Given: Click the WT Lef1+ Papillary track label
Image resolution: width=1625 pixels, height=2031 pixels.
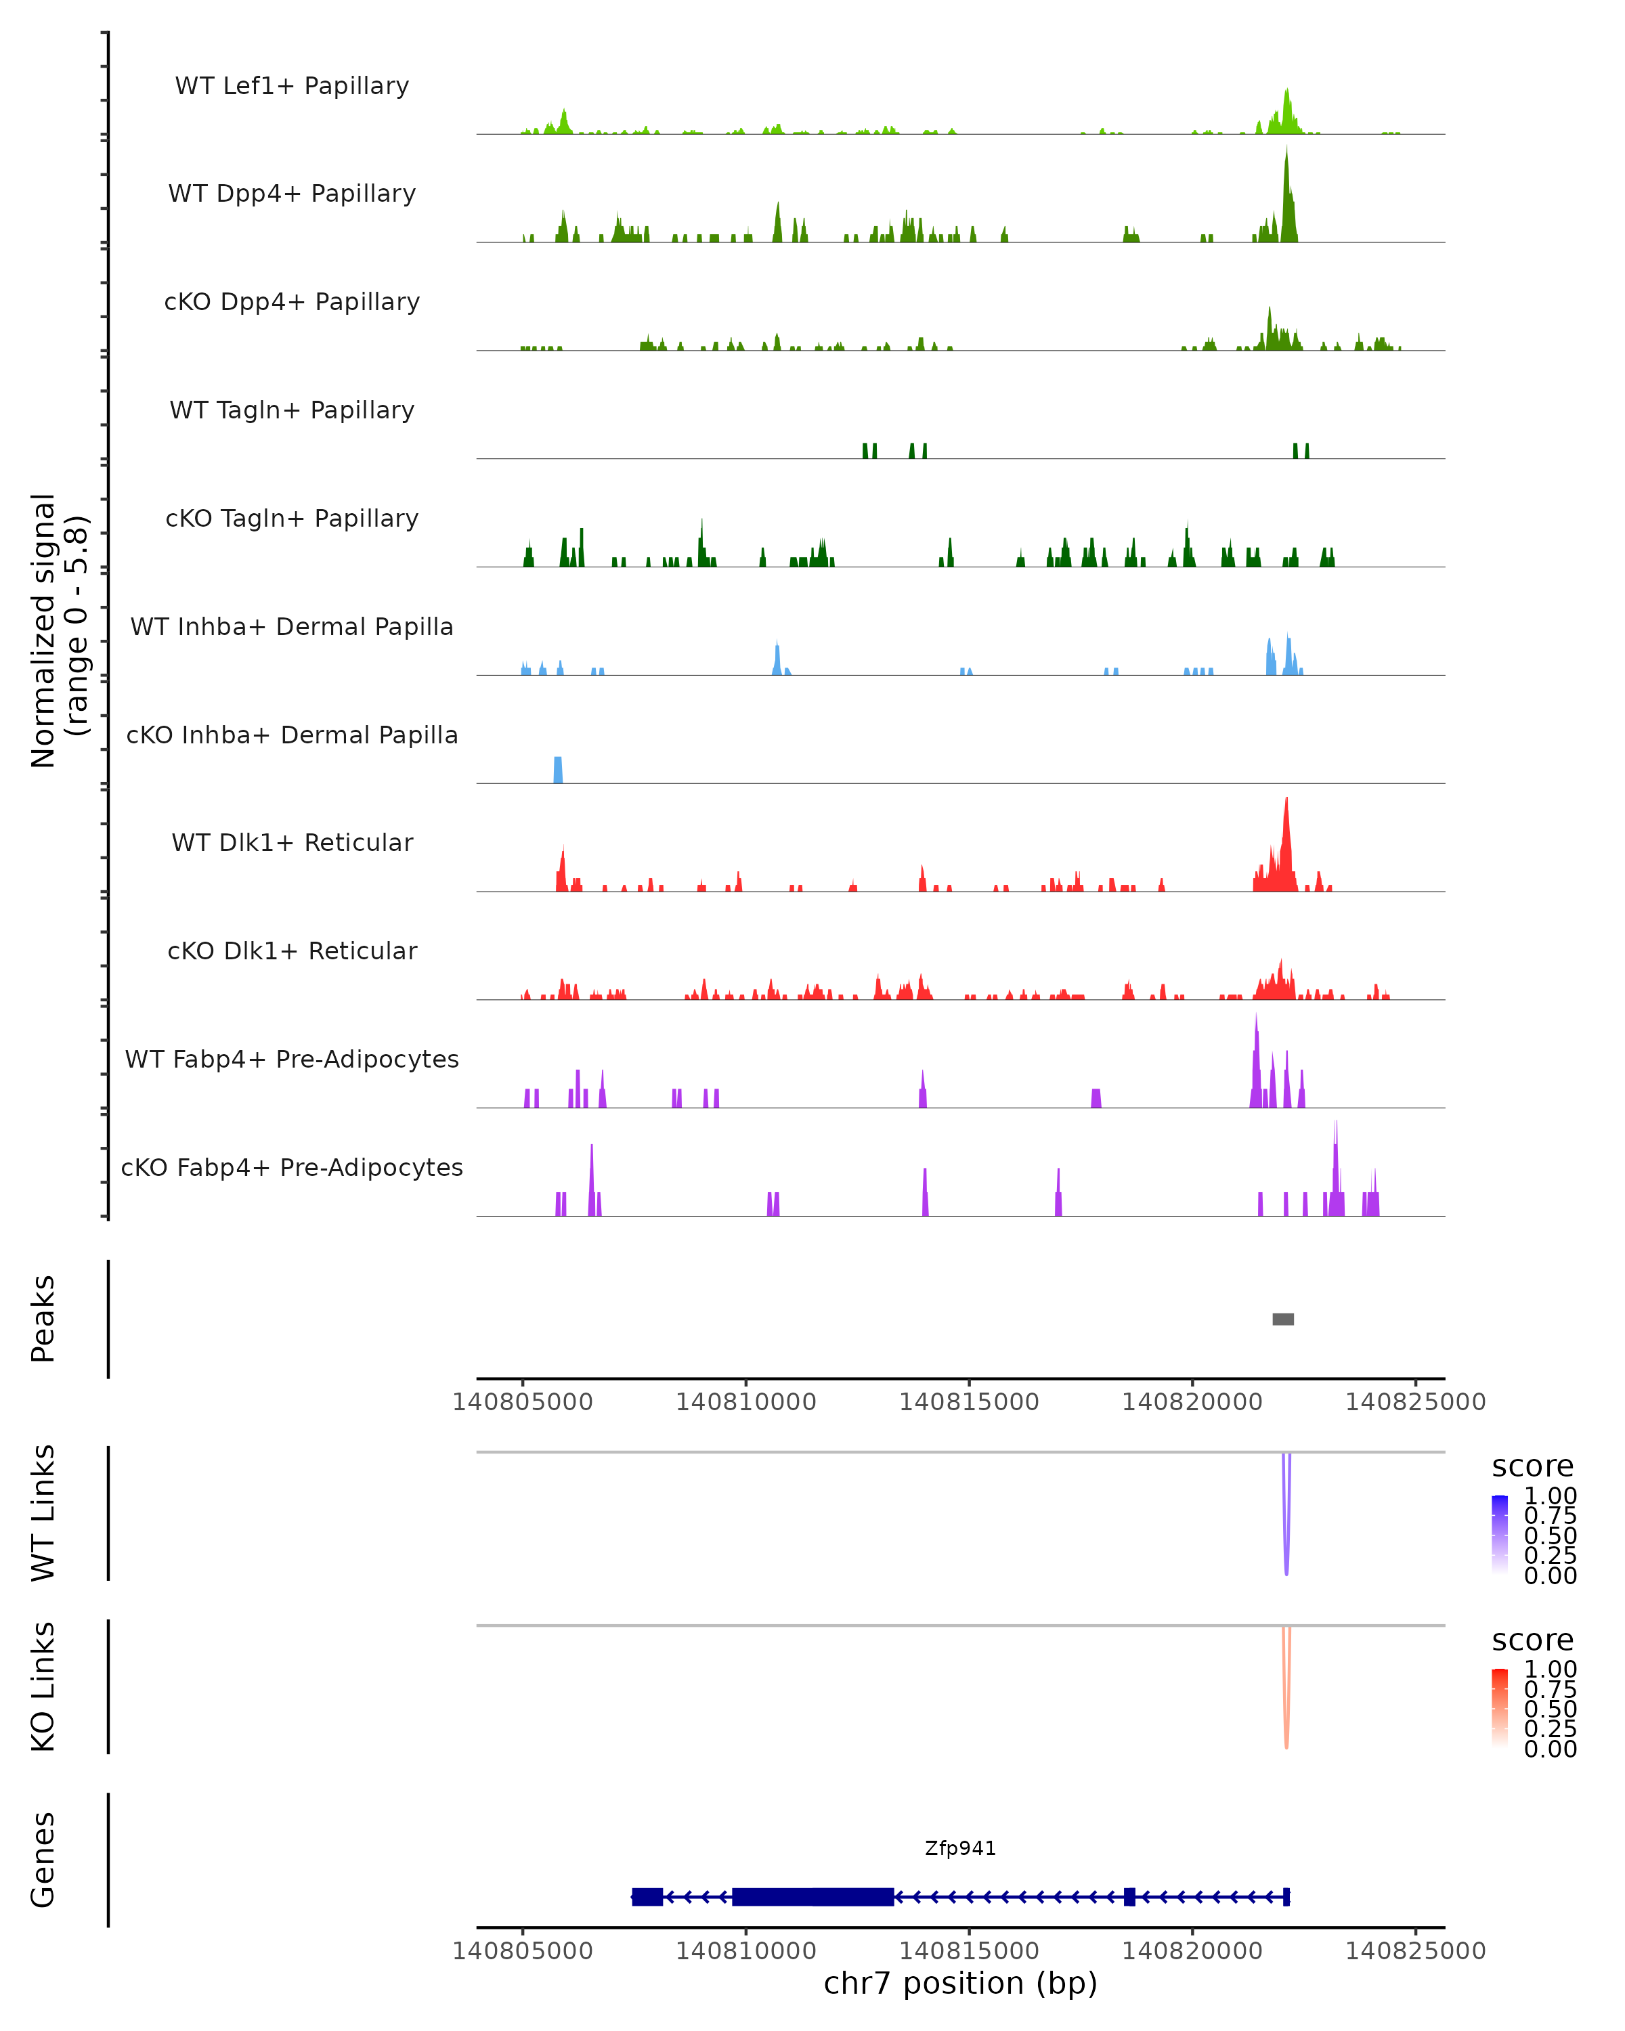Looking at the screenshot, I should (292, 86).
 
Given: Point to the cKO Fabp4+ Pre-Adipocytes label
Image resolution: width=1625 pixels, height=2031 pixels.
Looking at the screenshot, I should (292, 1167).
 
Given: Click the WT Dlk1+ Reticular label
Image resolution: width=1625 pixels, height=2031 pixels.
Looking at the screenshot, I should (292, 842).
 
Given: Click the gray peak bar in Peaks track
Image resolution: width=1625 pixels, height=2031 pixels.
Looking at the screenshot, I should (1283, 1319).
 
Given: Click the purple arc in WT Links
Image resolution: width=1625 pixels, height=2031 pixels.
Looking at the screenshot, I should (1286, 1545).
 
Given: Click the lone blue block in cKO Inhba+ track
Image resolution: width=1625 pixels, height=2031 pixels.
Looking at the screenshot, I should (558, 770).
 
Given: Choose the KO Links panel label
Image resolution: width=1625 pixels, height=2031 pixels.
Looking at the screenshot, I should (43, 1686).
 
